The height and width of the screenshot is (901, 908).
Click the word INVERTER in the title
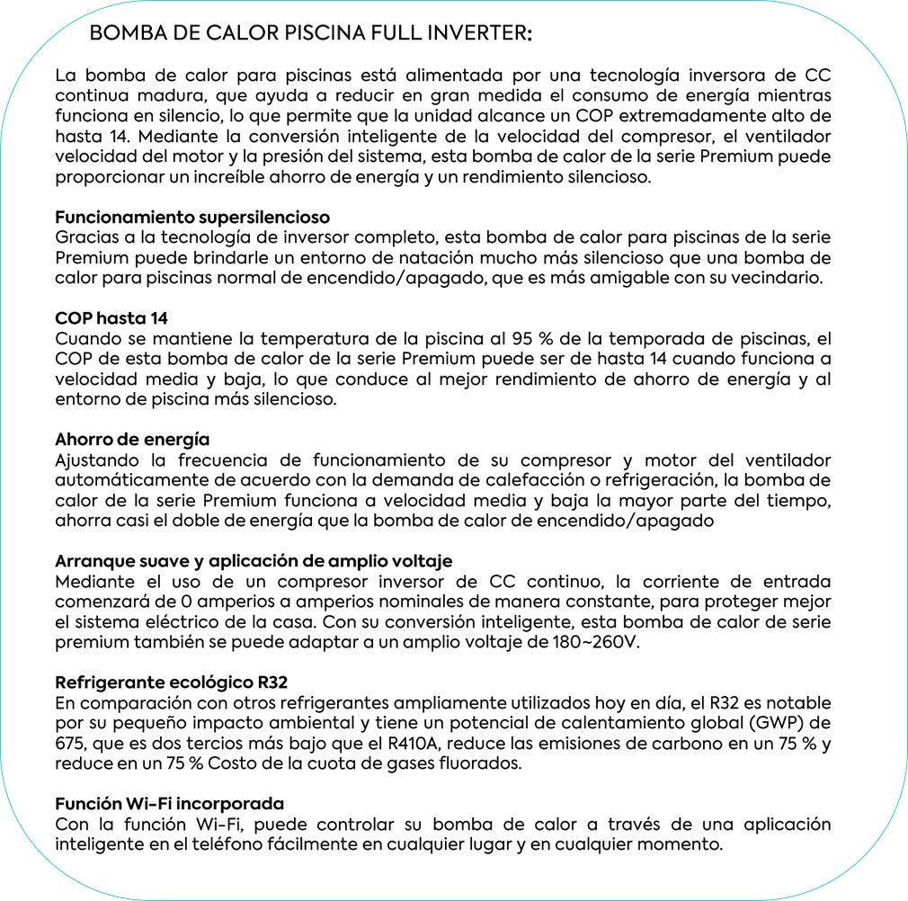[476, 34]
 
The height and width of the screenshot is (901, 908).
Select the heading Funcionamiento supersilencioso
[192, 218]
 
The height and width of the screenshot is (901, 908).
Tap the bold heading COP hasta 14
[111, 318]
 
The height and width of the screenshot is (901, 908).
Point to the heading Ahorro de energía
[132, 440]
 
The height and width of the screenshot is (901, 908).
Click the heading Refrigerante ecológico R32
[172, 682]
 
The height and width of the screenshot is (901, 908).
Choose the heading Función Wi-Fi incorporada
[170, 804]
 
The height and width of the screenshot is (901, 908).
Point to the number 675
[71, 743]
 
